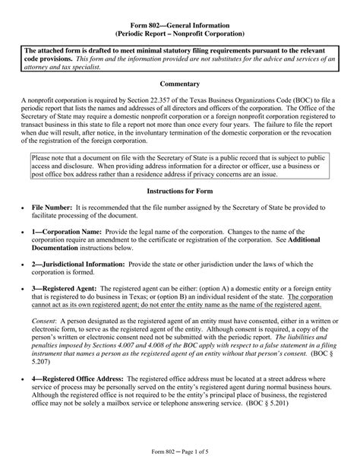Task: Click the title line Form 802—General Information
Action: [180, 23]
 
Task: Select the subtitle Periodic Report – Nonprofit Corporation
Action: [180, 33]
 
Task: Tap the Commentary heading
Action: [180, 84]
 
